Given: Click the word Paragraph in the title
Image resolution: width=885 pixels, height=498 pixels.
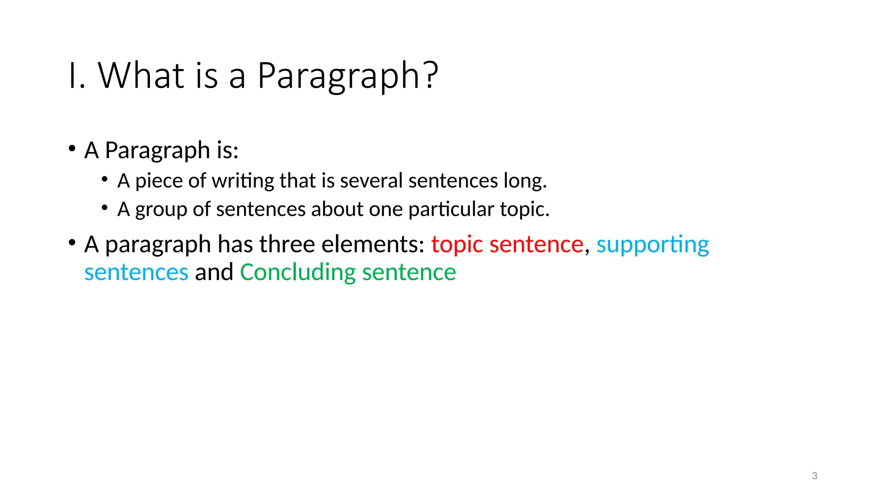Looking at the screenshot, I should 338,76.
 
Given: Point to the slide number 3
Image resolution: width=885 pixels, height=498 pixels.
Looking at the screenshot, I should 815,476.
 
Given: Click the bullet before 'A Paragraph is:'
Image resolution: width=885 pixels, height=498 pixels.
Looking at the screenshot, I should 72,148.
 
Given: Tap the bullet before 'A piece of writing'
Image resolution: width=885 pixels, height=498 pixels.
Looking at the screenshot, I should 105,179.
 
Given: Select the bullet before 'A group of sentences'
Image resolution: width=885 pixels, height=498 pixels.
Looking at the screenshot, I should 105,207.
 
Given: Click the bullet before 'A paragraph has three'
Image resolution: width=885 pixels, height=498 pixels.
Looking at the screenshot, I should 72,243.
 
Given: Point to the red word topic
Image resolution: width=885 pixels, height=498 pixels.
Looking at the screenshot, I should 457,245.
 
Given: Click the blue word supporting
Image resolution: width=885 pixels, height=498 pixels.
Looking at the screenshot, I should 653,245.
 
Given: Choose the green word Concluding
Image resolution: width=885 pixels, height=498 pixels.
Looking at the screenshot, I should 298,272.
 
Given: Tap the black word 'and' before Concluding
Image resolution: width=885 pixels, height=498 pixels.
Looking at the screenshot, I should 214,272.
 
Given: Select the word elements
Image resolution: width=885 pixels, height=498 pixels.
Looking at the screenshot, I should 373,244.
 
